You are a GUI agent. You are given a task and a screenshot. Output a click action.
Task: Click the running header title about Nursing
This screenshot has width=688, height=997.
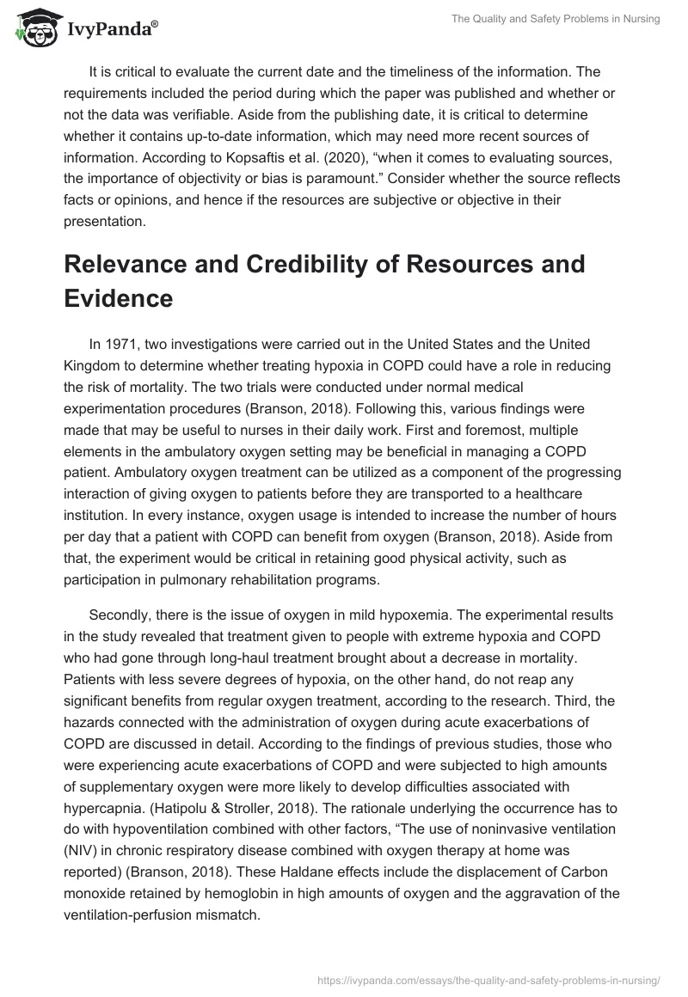coord(556,19)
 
